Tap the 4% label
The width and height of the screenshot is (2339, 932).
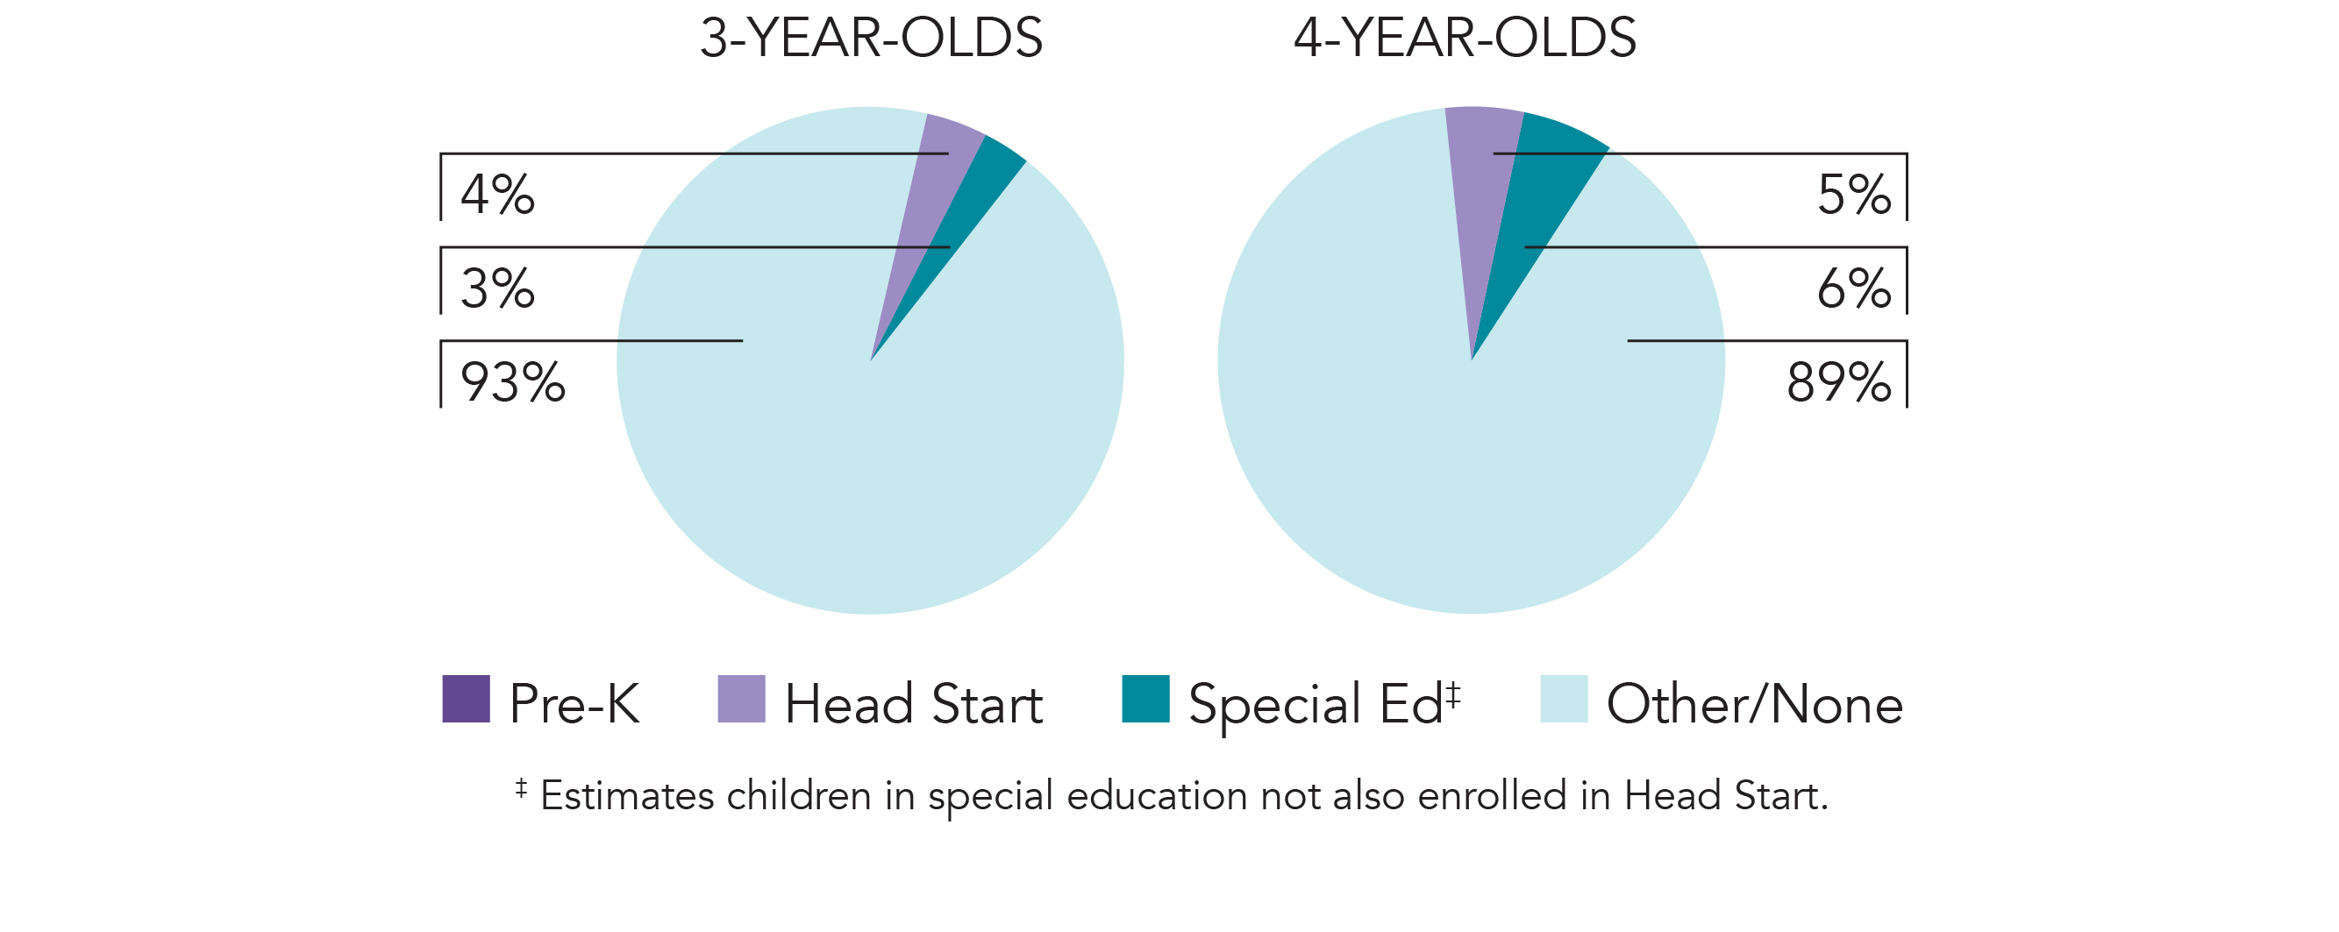497,195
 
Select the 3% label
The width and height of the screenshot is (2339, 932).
497,288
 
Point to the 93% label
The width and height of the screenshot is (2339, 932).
513,382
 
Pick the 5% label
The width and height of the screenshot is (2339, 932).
1853,195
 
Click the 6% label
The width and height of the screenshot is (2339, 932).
1853,288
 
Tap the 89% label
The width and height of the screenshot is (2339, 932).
1839,382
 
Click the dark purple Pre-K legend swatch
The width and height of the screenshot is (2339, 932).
466,699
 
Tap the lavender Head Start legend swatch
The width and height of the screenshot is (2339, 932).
741,699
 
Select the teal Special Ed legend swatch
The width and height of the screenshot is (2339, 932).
1145,699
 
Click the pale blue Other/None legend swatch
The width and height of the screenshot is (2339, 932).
1564,699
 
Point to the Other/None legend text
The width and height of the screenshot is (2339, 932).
1754,704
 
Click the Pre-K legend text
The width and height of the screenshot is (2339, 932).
574,704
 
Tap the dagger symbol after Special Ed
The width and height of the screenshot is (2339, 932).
1453,694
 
